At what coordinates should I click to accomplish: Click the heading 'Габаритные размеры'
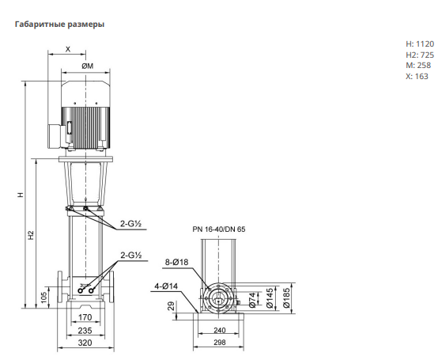(59, 25)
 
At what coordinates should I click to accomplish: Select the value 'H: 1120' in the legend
(420, 44)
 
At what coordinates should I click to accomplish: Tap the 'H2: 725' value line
(420, 55)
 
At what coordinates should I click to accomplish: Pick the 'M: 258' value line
(418, 66)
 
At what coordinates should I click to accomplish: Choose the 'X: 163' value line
(417, 76)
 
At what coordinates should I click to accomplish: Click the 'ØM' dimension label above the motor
(88, 66)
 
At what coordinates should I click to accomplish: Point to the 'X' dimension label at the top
(68, 50)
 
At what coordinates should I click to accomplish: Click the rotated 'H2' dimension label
(31, 235)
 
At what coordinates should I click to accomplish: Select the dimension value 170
(85, 317)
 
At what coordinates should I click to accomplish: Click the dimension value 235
(85, 331)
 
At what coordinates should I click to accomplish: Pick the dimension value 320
(85, 343)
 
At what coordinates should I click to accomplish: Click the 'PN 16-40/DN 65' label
(219, 229)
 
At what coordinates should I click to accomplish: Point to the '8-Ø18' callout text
(176, 263)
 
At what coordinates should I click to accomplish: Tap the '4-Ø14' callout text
(166, 286)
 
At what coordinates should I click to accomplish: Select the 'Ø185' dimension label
(287, 298)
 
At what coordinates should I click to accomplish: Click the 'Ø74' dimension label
(252, 300)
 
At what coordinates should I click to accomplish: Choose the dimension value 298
(220, 343)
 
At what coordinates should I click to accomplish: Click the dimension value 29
(172, 306)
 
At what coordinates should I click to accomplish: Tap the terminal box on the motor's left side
(55, 137)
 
